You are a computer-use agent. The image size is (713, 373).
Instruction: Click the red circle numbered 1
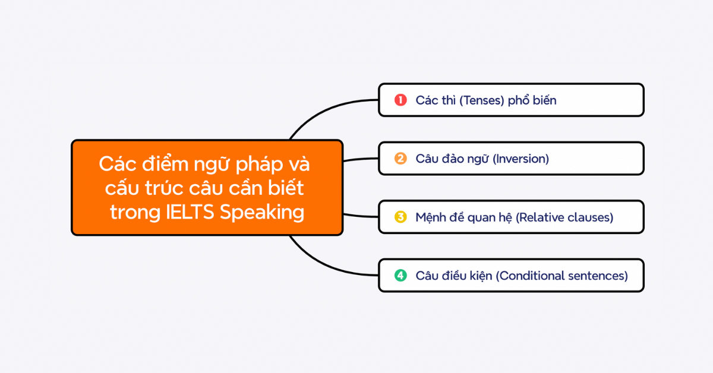(x=400, y=100)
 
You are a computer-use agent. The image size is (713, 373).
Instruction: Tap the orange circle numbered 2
(x=400, y=159)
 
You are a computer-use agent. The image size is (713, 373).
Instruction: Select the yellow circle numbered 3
(x=400, y=217)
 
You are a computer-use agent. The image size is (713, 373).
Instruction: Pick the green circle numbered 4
(x=400, y=276)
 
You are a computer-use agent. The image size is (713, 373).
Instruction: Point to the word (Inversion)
(x=521, y=159)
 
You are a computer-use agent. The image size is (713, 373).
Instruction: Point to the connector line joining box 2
(x=361, y=159)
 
